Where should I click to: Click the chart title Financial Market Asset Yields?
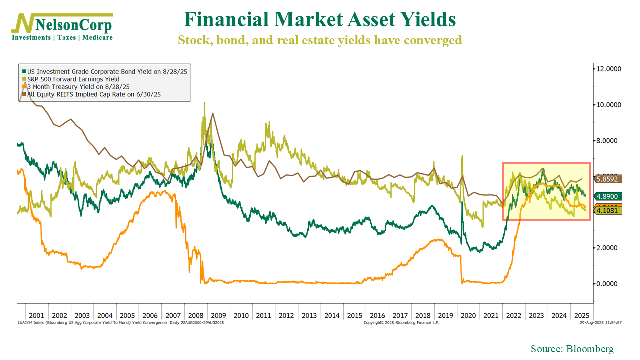coord(320,20)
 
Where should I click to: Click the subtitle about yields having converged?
coord(320,40)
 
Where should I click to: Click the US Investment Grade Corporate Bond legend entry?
coord(105,72)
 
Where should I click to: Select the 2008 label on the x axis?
coord(195,316)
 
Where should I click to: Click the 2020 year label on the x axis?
coord(468,316)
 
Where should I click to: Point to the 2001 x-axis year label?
coord(36,316)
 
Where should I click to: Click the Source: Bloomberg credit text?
coord(572,349)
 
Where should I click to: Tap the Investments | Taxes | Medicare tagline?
coord(62,38)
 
